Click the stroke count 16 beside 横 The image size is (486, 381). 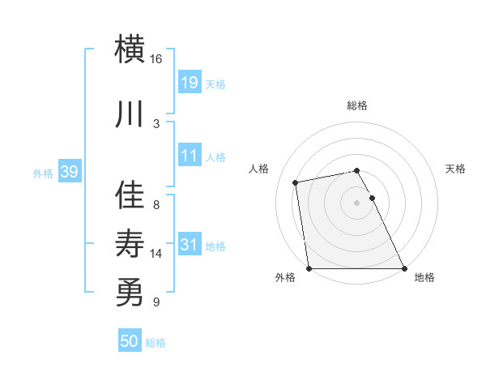point(156,59)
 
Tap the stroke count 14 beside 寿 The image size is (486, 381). point(156,254)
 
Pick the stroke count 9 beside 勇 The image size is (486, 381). point(156,302)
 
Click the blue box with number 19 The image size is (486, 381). point(189,82)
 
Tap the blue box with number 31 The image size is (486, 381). point(189,244)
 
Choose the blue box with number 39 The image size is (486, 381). point(69,172)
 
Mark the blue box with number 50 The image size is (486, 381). point(130,341)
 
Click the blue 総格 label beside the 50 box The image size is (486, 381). point(156,344)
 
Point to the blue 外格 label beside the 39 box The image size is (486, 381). point(43,173)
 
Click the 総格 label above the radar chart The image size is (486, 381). point(357,106)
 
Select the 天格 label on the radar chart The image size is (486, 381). point(456,169)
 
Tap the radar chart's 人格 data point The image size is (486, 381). point(296,182)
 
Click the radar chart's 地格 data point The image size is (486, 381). point(404,268)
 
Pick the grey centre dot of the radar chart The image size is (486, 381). point(356,202)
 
